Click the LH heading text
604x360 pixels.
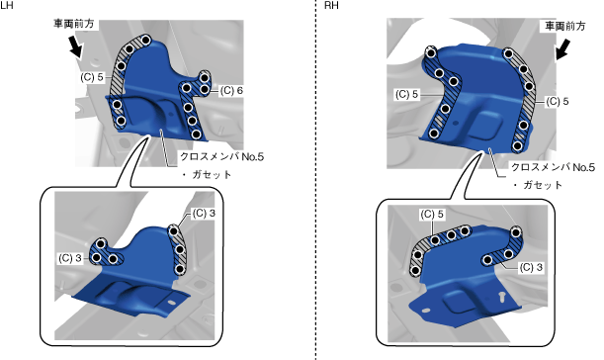(x=7, y=5)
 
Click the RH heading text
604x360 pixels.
(x=332, y=5)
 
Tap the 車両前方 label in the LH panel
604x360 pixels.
(x=73, y=24)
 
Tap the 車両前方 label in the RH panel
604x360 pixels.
(x=565, y=27)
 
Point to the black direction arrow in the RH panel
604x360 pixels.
(x=562, y=49)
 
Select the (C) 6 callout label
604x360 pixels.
(x=232, y=91)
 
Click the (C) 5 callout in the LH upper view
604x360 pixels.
(x=92, y=77)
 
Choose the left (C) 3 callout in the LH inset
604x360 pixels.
(x=70, y=258)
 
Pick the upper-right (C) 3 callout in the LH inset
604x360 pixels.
(x=204, y=214)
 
